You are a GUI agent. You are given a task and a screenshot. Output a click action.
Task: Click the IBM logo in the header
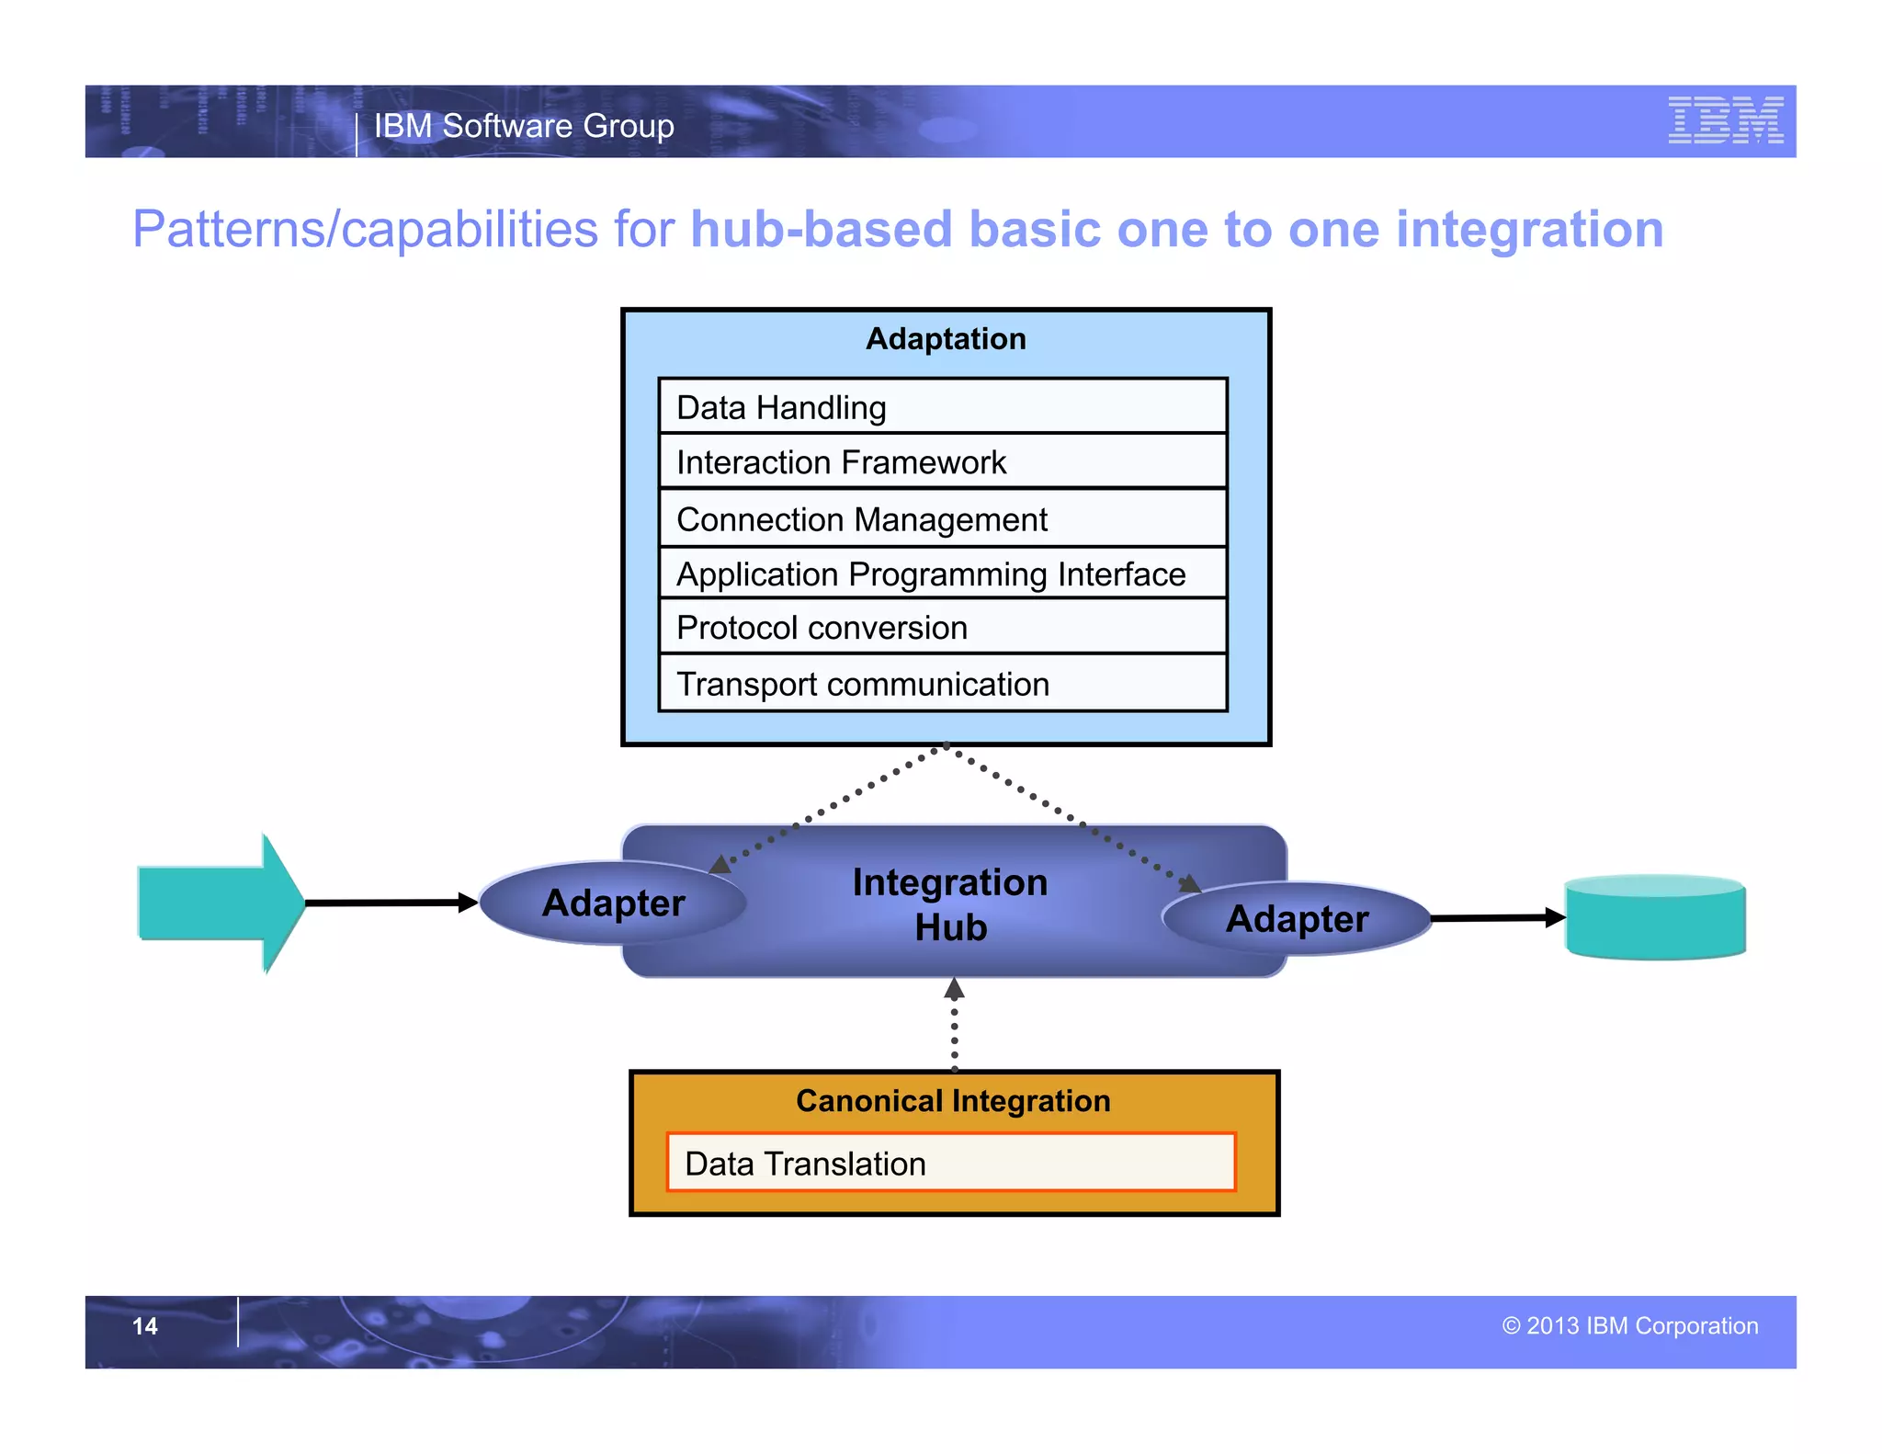point(1725,120)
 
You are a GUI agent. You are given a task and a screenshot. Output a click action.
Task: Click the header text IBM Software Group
point(524,126)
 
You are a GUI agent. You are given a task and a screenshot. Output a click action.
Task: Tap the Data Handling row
point(942,407)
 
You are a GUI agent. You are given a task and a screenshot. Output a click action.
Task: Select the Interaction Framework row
point(942,462)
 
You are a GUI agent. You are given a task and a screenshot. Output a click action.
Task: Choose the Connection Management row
point(942,519)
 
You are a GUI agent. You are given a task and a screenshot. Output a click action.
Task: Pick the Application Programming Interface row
point(942,574)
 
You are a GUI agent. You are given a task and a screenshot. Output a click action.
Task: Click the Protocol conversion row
point(942,628)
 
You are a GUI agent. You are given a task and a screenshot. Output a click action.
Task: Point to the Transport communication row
point(942,685)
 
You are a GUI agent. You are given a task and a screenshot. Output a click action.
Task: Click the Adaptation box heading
point(946,339)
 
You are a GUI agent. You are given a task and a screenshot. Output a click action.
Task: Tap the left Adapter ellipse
point(613,903)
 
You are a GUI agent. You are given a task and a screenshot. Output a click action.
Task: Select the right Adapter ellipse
point(1297,919)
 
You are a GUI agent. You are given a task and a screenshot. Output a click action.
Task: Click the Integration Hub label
point(950,904)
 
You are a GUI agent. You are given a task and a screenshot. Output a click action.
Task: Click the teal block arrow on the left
point(221,903)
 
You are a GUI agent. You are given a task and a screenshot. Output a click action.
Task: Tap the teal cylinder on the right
point(1654,918)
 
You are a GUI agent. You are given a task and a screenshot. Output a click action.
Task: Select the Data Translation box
point(950,1164)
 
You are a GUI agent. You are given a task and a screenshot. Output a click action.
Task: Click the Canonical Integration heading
point(953,1101)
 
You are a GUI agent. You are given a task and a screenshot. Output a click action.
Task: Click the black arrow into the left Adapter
point(390,903)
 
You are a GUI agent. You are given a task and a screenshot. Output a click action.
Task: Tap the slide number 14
point(145,1326)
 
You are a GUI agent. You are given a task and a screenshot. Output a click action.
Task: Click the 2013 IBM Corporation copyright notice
point(1629,1326)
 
